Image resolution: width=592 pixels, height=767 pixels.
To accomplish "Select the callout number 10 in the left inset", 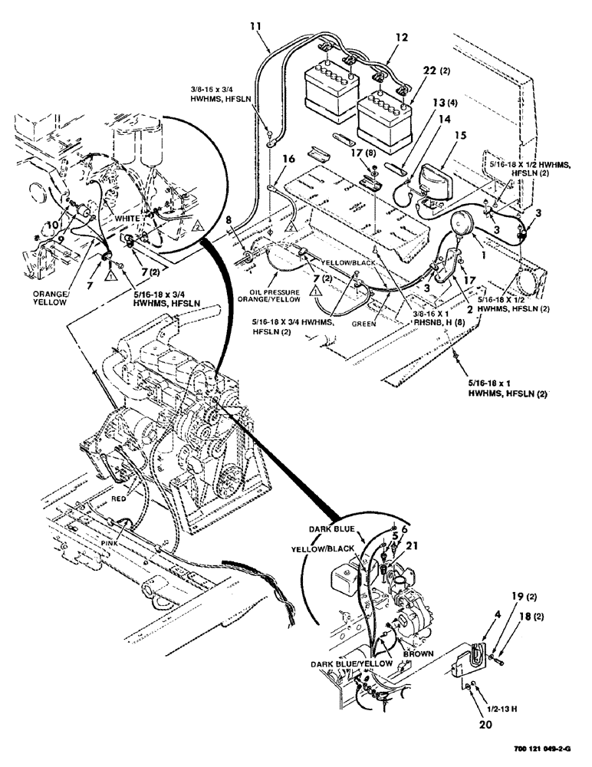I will pos(51,224).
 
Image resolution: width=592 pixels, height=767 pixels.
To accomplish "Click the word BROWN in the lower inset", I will pos(416,653).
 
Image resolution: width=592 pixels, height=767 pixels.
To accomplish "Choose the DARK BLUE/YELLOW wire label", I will pos(353,663).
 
